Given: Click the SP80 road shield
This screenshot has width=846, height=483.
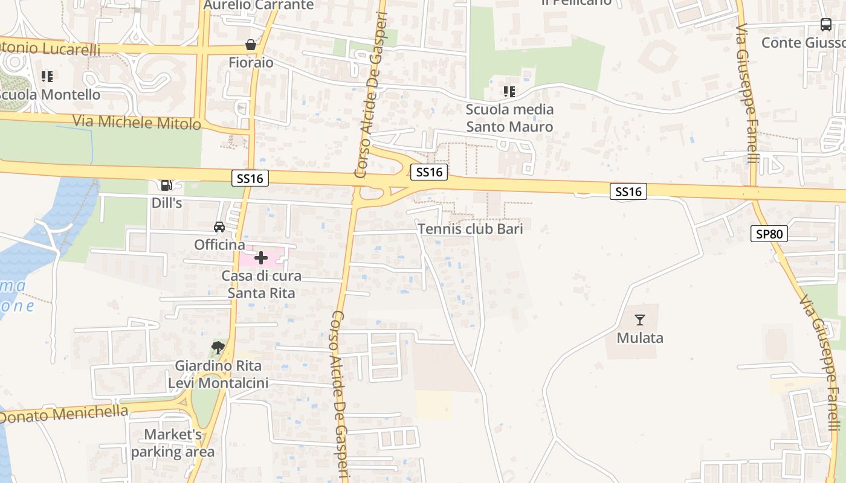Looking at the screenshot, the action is [769, 234].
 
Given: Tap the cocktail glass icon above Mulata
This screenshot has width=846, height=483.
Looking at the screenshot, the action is [640, 320].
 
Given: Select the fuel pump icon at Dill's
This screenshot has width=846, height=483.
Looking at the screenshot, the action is [166, 185].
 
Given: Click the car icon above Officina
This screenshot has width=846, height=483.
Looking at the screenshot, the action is [219, 227].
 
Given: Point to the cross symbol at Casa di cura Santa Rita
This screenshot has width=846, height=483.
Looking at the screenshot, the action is [261, 258].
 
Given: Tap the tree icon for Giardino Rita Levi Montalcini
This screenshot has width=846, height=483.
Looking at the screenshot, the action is [218, 348].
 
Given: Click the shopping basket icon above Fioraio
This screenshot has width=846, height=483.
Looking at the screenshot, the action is [251, 45].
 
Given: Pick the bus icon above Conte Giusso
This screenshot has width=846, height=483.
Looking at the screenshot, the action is [825, 25].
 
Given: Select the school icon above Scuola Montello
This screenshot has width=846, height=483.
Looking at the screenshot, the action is [47, 77].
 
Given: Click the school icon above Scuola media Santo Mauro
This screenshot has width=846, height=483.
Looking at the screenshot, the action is [509, 92].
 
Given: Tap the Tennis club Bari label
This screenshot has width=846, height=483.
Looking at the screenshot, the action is [470, 229].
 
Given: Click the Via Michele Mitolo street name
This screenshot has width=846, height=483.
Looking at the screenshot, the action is [137, 122].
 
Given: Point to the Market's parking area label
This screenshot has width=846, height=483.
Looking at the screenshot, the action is [173, 443].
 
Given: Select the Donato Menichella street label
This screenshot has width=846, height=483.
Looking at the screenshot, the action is [64, 415].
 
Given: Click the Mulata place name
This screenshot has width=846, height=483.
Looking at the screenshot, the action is [640, 338].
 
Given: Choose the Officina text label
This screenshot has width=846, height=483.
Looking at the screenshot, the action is [219, 245].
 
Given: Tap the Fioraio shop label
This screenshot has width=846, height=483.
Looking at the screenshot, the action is [251, 63].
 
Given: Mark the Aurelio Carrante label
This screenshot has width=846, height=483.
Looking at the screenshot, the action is [259, 5].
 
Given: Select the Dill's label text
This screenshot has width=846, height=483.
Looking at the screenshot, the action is [167, 203].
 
